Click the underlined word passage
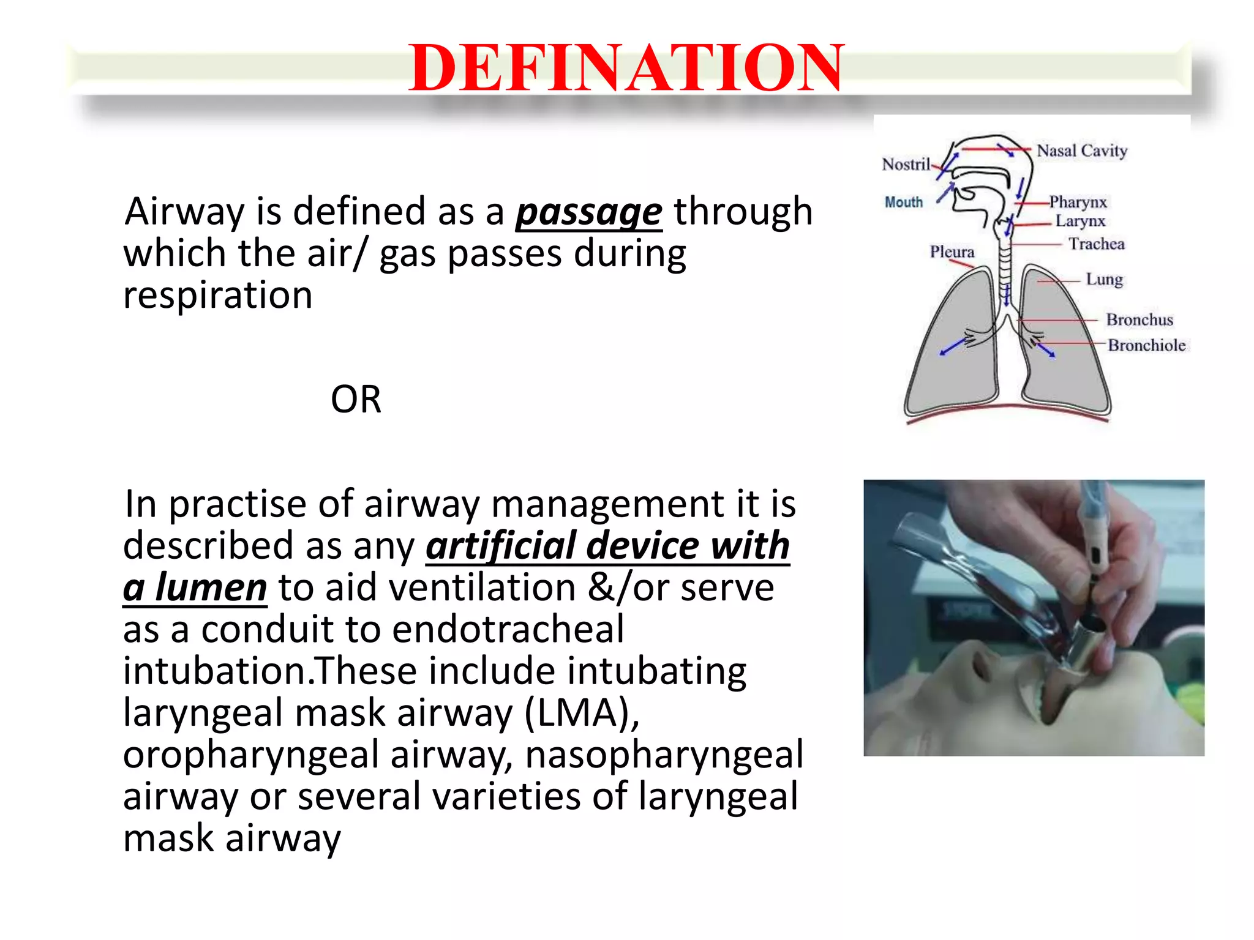(x=588, y=212)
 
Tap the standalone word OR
(x=356, y=400)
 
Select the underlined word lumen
(x=211, y=587)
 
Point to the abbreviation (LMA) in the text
(x=582, y=713)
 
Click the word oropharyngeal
(x=251, y=755)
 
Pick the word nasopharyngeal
(x=664, y=755)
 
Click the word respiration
(x=218, y=296)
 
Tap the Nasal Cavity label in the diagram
(x=1082, y=151)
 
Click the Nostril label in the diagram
(x=906, y=165)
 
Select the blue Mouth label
(x=903, y=203)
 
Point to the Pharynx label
(x=1078, y=202)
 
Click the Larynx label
(x=1080, y=221)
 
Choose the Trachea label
(x=1097, y=244)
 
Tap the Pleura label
(x=952, y=252)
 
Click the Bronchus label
(x=1139, y=320)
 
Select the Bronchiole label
(x=1146, y=346)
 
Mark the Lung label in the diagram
(x=1105, y=280)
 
